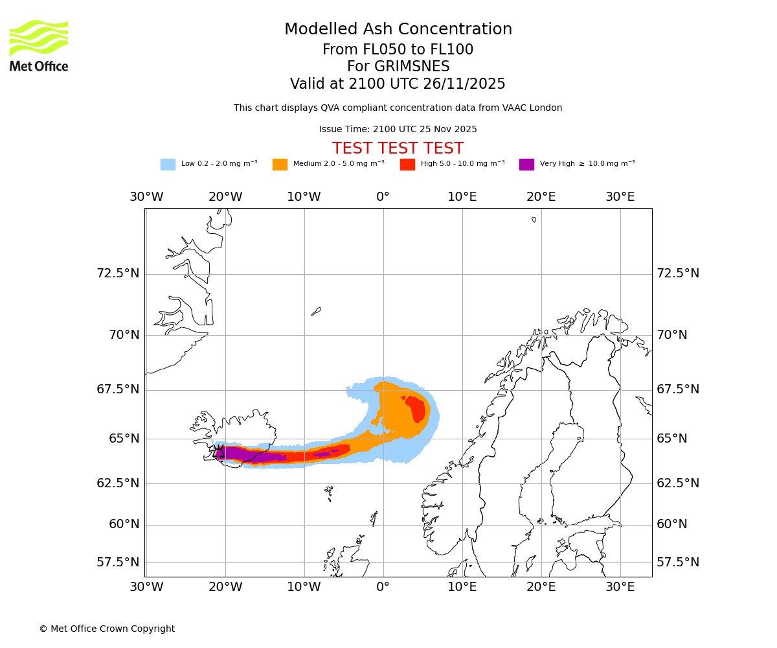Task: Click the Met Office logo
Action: point(39,45)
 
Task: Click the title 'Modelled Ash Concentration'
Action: point(398,29)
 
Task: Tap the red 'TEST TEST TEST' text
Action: point(398,148)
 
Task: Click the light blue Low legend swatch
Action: point(168,164)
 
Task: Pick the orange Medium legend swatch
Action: point(280,164)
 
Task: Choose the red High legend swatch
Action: point(407,164)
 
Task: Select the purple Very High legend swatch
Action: point(526,164)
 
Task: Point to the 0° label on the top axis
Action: point(383,197)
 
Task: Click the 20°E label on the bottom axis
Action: point(541,587)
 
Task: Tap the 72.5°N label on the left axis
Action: point(118,273)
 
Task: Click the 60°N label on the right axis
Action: point(672,524)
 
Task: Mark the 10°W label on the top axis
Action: point(304,197)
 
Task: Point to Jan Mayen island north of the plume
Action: point(316,312)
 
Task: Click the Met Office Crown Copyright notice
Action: point(107,629)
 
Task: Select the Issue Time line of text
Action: point(398,129)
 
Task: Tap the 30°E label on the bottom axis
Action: point(620,587)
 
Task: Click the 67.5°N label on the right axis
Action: point(678,389)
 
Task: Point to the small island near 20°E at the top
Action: point(534,220)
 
